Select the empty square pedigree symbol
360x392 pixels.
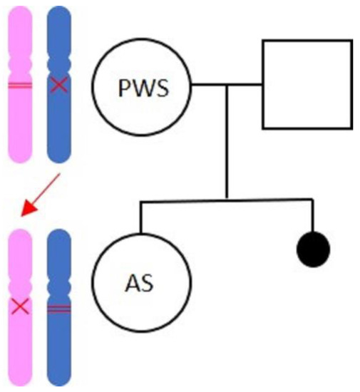(x=307, y=84)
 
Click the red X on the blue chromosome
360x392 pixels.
(x=59, y=86)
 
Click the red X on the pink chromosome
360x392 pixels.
(x=20, y=307)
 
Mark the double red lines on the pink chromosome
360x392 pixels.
(x=20, y=86)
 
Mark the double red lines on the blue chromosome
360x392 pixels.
(x=59, y=307)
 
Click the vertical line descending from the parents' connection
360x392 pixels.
(x=227, y=143)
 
